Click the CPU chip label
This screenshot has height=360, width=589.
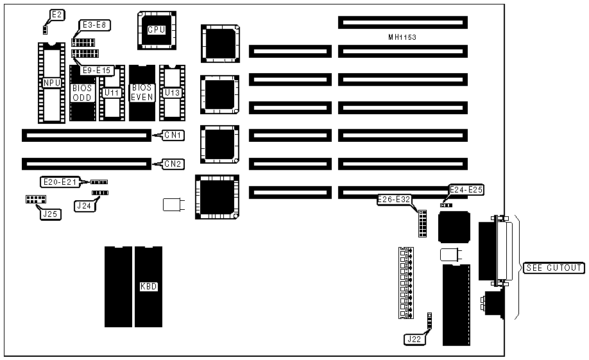click(x=157, y=30)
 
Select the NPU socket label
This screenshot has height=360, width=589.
click(x=51, y=83)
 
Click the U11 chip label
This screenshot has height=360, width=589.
click(x=112, y=93)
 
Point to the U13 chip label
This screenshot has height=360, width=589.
click(x=172, y=93)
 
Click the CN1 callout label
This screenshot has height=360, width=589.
click(x=173, y=135)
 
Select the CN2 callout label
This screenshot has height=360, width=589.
click(x=173, y=164)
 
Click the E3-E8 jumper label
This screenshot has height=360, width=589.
click(x=94, y=25)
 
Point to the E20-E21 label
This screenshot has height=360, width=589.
click(x=60, y=182)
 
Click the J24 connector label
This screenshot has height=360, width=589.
click(x=83, y=206)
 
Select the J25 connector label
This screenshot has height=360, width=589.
click(x=49, y=214)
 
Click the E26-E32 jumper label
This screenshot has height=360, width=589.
click(x=395, y=200)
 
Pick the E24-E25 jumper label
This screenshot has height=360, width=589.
click(x=466, y=189)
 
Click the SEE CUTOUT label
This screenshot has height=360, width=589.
click(x=553, y=268)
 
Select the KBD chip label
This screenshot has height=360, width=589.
click(x=148, y=286)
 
